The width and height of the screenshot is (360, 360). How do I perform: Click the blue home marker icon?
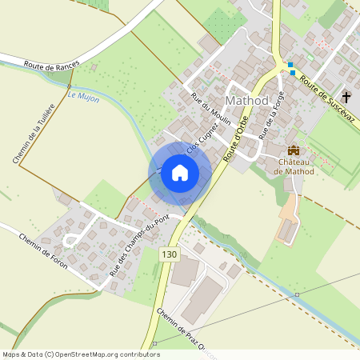click(x=180, y=173)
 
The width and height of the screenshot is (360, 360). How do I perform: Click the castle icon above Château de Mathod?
click(x=294, y=150)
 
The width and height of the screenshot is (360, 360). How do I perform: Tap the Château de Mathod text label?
click(x=294, y=166)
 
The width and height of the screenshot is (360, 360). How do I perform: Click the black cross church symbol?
click(x=346, y=97)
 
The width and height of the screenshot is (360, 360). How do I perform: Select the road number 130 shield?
click(x=168, y=254)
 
